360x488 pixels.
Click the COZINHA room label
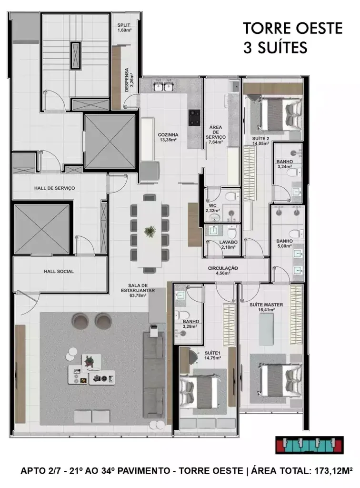[x=168, y=135]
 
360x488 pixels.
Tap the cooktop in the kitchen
[x=194, y=118]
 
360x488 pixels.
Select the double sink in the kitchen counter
[x=163, y=87]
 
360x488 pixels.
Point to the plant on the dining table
[x=150, y=231]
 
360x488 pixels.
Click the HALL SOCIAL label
[x=59, y=271]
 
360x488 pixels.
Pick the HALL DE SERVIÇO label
[x=54, y=188]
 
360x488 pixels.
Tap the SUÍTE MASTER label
[x=266, y=305]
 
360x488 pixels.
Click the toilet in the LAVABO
[x=232, y=233]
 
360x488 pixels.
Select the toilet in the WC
[x=231, y=196]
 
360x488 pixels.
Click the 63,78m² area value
[x=138, y=295]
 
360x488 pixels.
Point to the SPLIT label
[x=124, y=25]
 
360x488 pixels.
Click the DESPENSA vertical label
[x=127, y=80]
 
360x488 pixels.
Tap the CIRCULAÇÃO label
[x=223, y=268]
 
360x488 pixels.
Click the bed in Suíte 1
[x=199, y=391]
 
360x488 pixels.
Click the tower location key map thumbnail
[x=310, y=445]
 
